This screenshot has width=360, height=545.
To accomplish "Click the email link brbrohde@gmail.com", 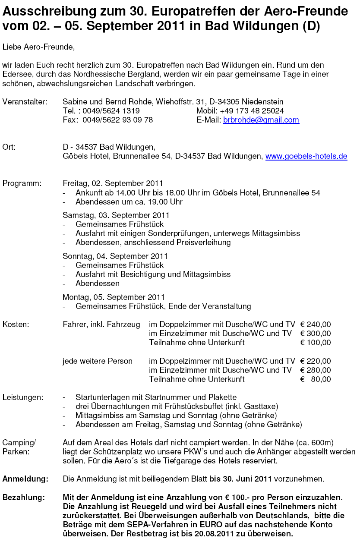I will click(x=261, y=120).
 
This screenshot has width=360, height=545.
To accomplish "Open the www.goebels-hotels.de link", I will click(x=306, y=156).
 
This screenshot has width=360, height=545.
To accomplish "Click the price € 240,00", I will click(x=315, y=324).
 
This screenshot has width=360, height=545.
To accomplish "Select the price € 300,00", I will click(x=315, y=334).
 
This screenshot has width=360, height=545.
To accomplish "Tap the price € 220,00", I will click(x=315, y=361).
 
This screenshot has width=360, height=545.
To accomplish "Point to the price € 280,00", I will click(x=315, y=370).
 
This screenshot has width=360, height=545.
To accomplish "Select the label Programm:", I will click(x=22, y=183).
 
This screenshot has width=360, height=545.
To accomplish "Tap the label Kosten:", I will click(x=16, y=324).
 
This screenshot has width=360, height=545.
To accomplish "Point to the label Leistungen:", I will click(x=23, y=397).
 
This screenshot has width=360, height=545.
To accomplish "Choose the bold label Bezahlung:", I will click(x=24, y=498).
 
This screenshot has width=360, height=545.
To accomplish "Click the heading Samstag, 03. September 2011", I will click(x=116, y=215).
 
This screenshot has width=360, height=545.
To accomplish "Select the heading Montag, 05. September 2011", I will click(x=114, y=297).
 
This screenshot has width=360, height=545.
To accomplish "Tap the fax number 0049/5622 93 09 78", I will click(x=117, y=120).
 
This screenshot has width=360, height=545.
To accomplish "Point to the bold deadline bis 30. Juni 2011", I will click(x=240, y=479).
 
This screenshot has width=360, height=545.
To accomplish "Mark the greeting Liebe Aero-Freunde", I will click(x=38, y=47).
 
